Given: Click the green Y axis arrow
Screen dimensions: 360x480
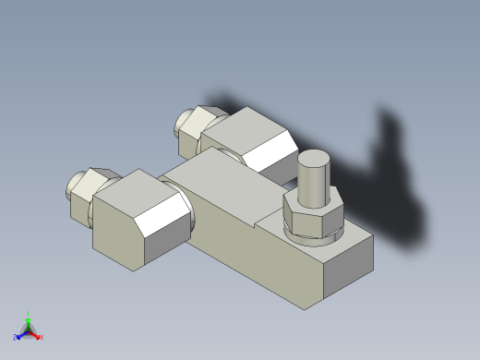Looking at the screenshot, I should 28,320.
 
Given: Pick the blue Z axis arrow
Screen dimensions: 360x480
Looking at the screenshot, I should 21,334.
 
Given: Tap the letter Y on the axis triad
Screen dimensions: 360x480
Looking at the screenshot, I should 29,313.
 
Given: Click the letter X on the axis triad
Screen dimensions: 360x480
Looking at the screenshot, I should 42,338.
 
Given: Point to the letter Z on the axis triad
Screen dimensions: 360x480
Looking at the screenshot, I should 15,338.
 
